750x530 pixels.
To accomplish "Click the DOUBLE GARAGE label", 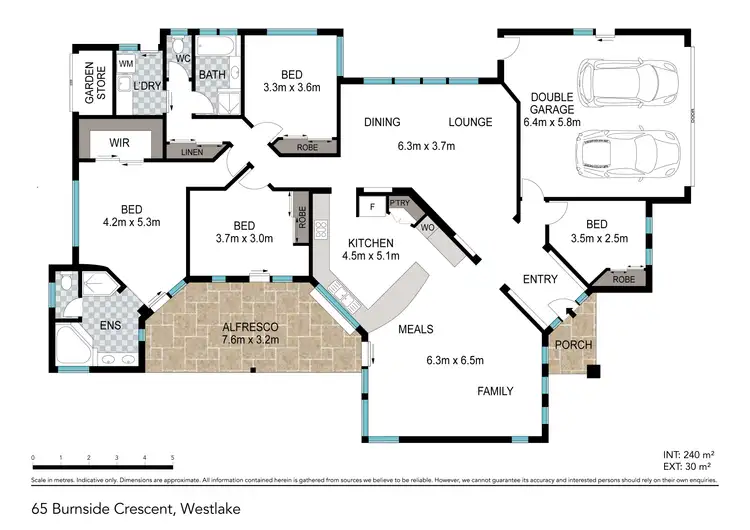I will (x=551, y=102).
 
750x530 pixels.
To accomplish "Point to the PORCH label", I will (x=574, y=346).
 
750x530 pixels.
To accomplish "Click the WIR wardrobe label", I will (x=119, y=143).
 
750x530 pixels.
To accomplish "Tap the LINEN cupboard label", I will (x=192, y=153).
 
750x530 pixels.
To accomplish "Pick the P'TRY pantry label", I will (x=401, y=204).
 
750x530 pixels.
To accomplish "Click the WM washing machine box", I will (x=126, y=64).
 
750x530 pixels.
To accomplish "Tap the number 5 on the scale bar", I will (x=172, y=459).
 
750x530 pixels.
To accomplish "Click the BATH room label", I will (x=212, y=74).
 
